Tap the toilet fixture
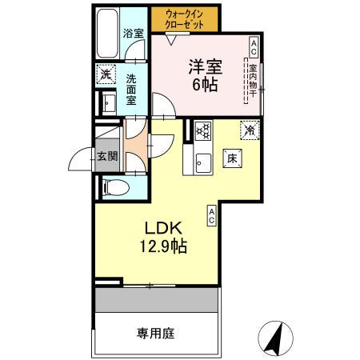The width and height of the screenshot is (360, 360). pyautogui.click(x=114, y=188)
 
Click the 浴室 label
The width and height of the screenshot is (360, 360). pyautogui.click(x=134, y=34)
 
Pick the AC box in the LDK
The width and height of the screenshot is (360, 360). pyautogui.click(x=212, y=214)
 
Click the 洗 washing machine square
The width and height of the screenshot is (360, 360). pyautogui.click(x=106, y=76)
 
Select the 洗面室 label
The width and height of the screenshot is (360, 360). pyautogui.click(x=133, y=90)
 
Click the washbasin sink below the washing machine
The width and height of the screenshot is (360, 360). pyautogui.click(x=108, y=103)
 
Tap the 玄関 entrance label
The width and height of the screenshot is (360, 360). pyautogui.click(x=106, y=155)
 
